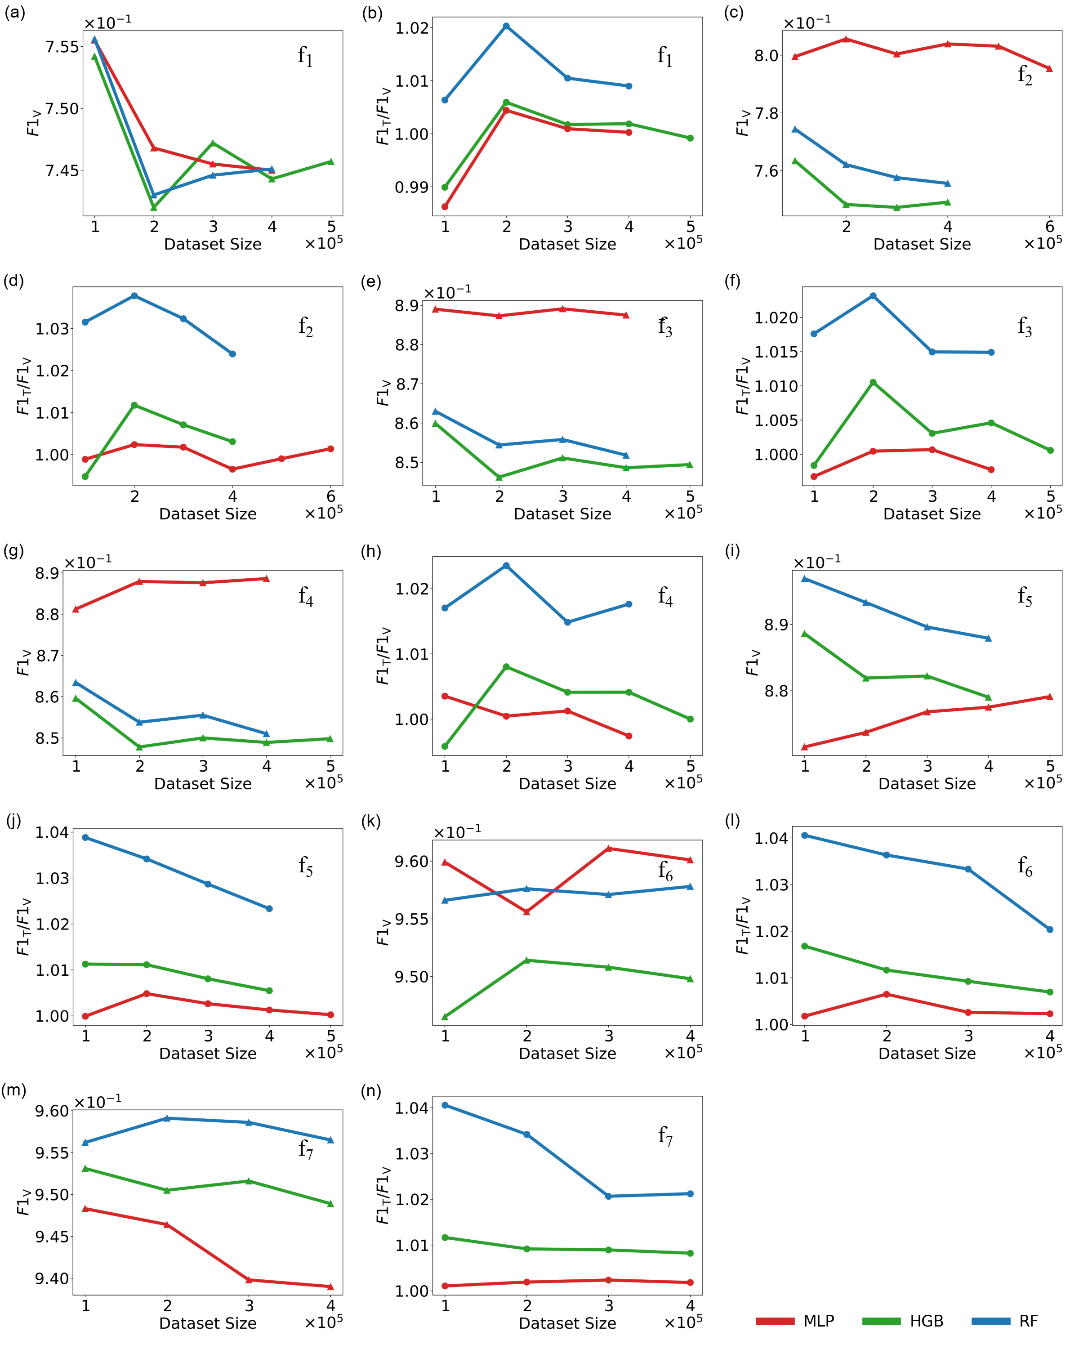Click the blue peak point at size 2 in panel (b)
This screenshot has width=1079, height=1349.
coord(507,26)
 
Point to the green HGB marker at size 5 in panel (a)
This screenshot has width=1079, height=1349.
coord(331,161)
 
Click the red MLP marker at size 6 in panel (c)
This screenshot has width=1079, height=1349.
coord(1050,69)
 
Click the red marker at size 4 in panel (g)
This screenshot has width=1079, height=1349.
coord(267,579)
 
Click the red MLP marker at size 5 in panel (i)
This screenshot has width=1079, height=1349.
coord(1050,697)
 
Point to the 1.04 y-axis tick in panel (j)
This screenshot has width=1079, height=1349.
coord(51,832)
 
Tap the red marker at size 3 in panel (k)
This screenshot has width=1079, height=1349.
coord(609,849)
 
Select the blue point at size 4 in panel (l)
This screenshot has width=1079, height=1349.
coord(1050,929)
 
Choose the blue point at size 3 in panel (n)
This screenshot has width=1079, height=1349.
coord(609,1196)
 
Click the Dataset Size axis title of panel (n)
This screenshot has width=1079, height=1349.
coord(567,1323)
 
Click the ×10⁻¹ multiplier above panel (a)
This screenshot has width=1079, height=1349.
coord(107,22)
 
